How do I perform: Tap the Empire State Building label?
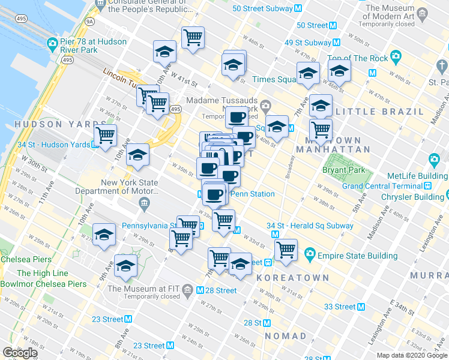pyautogui.click(x=357, y=256)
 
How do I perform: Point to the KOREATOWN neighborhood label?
pyautogui.click(x=293, y=278)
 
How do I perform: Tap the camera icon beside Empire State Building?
pyautogui.click(x=310, y=254)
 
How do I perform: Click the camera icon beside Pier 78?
pyautogui.click(x=52, y=44)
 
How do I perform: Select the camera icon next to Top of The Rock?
pyautogui.click(x=395, y=57)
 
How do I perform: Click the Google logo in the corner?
pyautogui.click(x=20, y=353)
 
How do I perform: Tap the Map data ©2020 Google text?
pyautogui.click(x=412, y=355)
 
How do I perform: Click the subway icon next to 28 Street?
pyautogui.click(x=200, y=290)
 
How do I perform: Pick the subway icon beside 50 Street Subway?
pyautogui.click(x=298, y=8)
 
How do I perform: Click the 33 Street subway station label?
pyautogui.click(x=340, y=307)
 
